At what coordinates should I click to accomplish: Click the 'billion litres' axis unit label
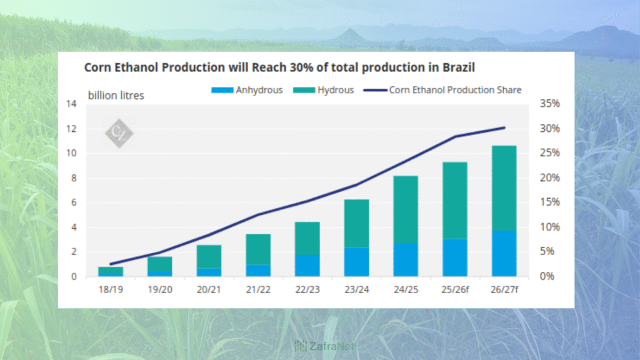(x=116, y=96)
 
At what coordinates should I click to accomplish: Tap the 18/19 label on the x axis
(x=111, y=289)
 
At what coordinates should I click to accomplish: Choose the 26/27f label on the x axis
(x=504, y=289)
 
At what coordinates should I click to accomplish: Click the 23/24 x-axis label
(x=356, y=289)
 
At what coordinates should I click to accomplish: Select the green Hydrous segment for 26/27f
(x=504, y=188)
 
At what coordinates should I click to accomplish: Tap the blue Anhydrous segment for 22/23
(x=307, y=266)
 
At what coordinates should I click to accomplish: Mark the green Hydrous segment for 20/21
(x=209, y=256)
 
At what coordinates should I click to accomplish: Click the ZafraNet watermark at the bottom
(x=320, y=346)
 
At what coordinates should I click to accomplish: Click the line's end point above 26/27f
(x=504, y=128)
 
